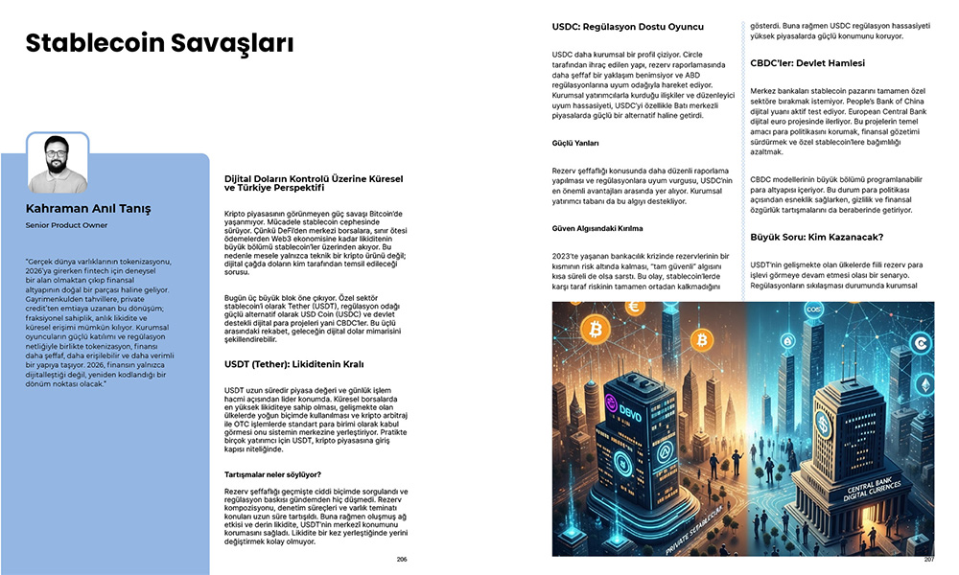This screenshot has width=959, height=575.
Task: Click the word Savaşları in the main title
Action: (231, 43)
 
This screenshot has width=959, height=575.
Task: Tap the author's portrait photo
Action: (57, 162)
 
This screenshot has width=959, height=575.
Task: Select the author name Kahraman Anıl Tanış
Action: (88, 208)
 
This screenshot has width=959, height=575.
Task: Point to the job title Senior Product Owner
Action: (66, 225)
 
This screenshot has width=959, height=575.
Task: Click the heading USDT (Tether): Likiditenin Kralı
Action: (293, 364)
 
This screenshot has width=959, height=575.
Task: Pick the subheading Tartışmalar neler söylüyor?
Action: (272, 474)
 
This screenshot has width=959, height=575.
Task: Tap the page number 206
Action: (402, 558)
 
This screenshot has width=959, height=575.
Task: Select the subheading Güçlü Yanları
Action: (575, 143)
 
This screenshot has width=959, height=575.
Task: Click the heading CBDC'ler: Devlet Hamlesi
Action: (807, 63)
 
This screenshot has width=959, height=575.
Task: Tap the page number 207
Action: (928, 559)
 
